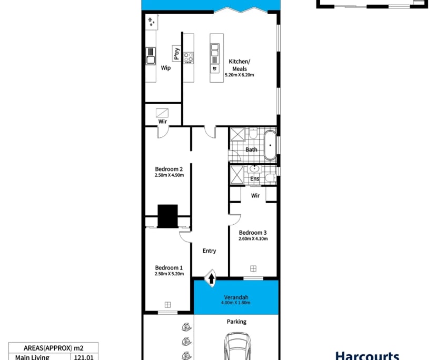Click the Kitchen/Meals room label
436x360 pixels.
tap(239, 65)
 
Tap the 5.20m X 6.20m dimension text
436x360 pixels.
tap(239, 75)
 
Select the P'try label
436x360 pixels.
tap(176, 54)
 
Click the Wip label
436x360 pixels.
tap(165, 67)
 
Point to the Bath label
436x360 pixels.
tap(251, 149)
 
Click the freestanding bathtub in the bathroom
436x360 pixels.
tap(270, 145)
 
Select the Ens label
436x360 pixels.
tap(254, 179)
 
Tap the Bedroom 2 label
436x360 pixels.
tap(169, 168)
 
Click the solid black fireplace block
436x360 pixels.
tap(169, 216)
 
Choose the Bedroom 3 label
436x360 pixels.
tap(253, 232)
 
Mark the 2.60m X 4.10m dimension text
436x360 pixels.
tap(253, 239)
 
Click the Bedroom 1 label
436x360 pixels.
tap(169, 267)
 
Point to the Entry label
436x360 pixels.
tap(209, 251)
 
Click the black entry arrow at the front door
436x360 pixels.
tap(211, 278)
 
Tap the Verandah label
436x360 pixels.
tap(236, 296)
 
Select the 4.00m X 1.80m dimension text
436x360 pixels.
tap(236, 303)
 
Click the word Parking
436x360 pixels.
tap(236, 322)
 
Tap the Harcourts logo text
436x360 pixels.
tap(374, 355)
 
